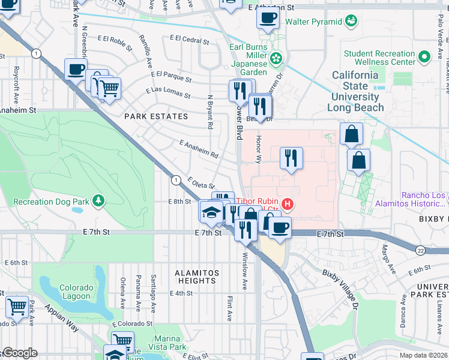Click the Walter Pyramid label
[313, 22]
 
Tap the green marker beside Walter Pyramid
[352, 22]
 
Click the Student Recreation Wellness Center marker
[424, 58]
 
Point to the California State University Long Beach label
[356, 91]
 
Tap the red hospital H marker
[288, 205]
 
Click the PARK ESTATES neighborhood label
[156, 116]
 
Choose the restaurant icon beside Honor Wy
[291, 158]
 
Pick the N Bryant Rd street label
[210, 112]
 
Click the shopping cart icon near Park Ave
[17, 306]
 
